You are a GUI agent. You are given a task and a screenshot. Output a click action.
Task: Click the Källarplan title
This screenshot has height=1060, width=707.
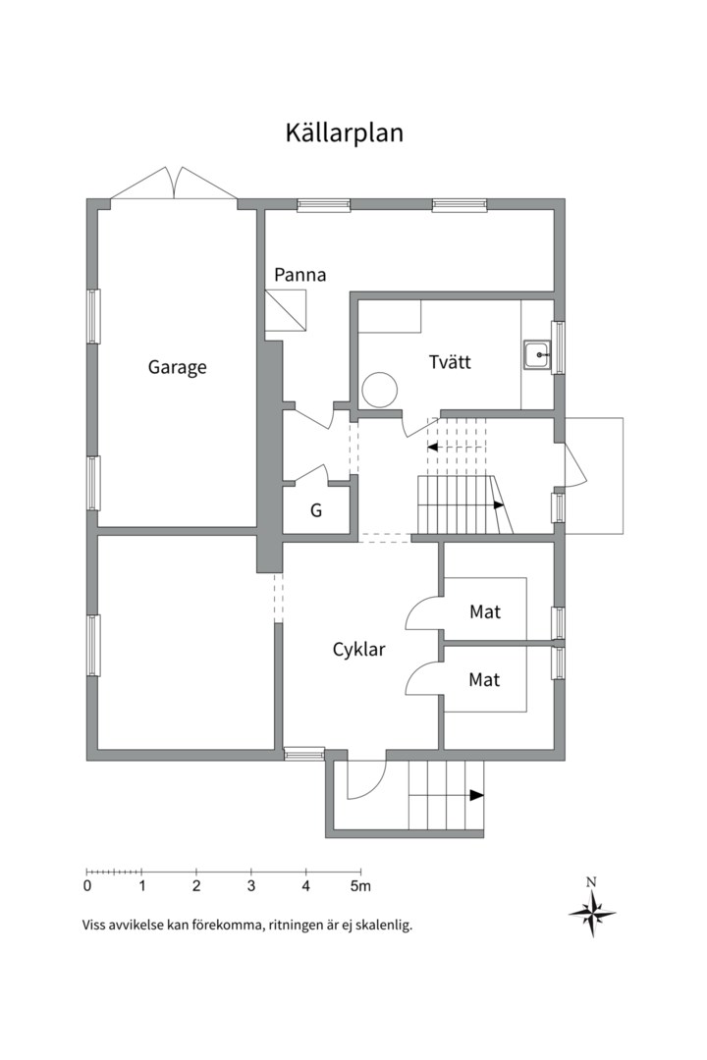tap(344, 132)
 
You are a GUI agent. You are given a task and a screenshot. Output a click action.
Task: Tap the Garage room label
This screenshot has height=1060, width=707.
tap(178, 368)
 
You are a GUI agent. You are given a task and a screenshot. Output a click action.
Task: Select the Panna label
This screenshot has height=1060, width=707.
tap(299, 275)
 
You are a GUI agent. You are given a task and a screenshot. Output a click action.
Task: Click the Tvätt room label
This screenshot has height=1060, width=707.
tap(450, 361)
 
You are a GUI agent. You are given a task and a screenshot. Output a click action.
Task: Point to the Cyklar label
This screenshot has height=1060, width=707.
tap(358, 651)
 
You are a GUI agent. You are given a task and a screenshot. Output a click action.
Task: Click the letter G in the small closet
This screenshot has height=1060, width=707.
tap(316, 510)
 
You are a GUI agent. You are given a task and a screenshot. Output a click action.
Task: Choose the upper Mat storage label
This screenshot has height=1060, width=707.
tap(485, 611)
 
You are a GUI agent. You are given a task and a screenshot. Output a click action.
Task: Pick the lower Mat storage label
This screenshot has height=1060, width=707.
tap(484, 679)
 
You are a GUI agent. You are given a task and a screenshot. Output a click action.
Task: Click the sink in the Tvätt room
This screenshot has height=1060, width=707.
tap(538, 353)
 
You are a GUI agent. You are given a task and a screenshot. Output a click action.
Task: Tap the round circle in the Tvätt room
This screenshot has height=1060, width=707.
tap(380, 390)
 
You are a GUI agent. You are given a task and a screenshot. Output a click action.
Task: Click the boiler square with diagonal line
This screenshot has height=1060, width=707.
tap(286, 310)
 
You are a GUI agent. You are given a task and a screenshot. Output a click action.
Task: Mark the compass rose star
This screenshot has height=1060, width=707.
tap(592, 914)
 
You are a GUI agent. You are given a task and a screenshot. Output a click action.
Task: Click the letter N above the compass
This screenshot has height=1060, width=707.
tap(591, 881)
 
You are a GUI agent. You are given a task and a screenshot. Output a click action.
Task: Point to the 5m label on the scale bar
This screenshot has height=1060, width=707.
tap(360, 885)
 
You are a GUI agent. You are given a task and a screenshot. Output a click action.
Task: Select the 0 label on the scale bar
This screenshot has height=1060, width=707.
tap(87, 885)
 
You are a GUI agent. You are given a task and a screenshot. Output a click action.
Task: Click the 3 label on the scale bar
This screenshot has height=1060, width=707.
tap(251, 885)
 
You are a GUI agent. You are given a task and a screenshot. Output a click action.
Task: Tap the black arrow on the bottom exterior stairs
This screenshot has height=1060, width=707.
tap(477, 796)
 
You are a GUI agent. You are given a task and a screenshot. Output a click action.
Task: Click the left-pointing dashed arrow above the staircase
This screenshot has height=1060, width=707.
tap(457, 447)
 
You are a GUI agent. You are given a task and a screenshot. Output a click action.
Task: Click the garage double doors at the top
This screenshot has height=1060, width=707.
tap(174, 184)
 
